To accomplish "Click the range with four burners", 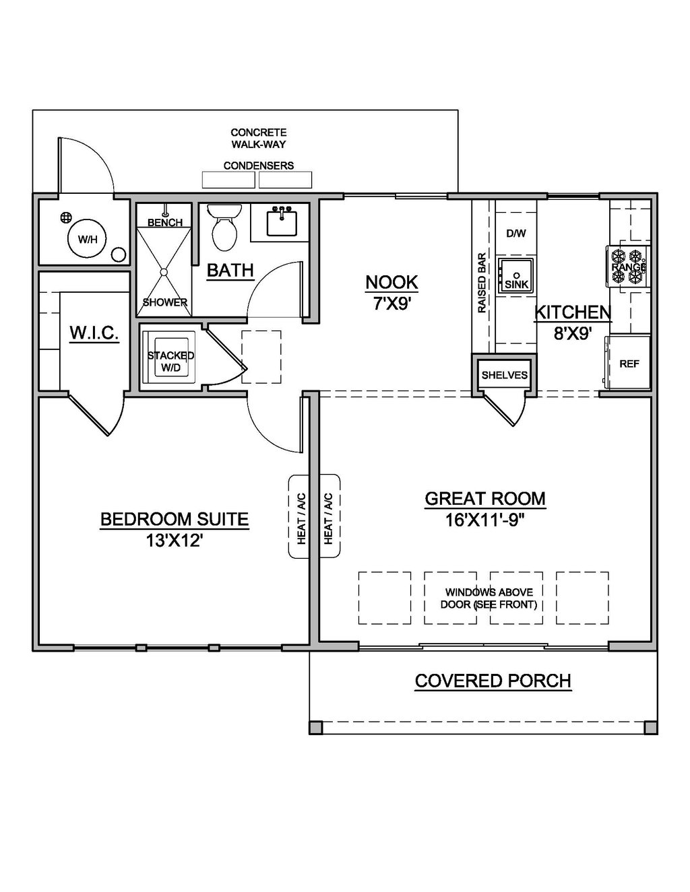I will tap(628, 267).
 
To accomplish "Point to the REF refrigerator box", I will tap(629, 364).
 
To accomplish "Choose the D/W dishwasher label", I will tap(515, 234).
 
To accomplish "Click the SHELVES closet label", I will tap(504, 375).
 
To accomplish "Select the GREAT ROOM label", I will tap(484, 499).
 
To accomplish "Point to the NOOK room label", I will tap(391, 283).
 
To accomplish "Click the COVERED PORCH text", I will tap(493, 681).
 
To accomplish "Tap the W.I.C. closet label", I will tap(94, 333).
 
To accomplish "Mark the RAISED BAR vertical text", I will tap(482, 283).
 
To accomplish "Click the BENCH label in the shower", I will tap(164, 222).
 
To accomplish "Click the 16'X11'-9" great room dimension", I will tap(484, 520).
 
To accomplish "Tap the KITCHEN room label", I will tap(572, 312).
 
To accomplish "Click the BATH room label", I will tap(230, 271).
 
